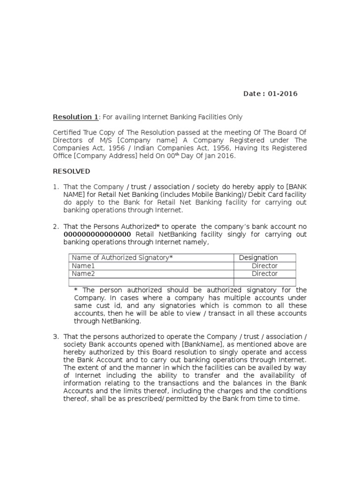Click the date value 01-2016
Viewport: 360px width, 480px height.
(x=283, y=94)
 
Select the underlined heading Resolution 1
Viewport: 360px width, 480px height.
(x=73, y=117)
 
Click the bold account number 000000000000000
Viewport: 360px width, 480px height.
(x=97, y=234)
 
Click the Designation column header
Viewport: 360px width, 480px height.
(x=258, y=258)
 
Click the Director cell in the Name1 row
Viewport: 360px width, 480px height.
(x=264, y=266)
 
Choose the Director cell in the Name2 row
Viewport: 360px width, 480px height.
(x=264, y=274)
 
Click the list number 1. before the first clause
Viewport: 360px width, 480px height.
(x=55, y=187)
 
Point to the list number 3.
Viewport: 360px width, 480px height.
(x=55, y=337)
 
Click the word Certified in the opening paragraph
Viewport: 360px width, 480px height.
(x=66, y=132)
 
